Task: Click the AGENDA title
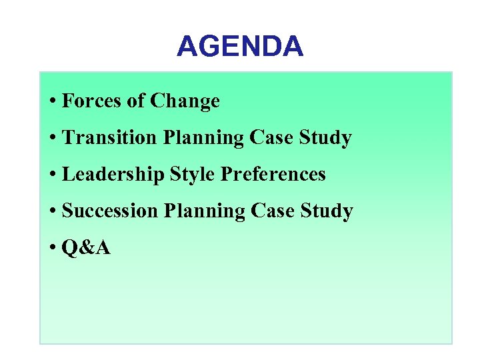click(x=240, y=47)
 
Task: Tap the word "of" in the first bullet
click(x=135, y=101)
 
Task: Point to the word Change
click(x=185, y=102)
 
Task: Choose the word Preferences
click(x=273, y=175)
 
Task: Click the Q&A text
click(x=86, y=248)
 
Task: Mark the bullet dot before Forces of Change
click(x=52, y=102)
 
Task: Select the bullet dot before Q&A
click(x=52, y=249)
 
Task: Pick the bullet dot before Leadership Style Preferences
click(x=52, y=175)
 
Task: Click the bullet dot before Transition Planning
click(x=52, y=139)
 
